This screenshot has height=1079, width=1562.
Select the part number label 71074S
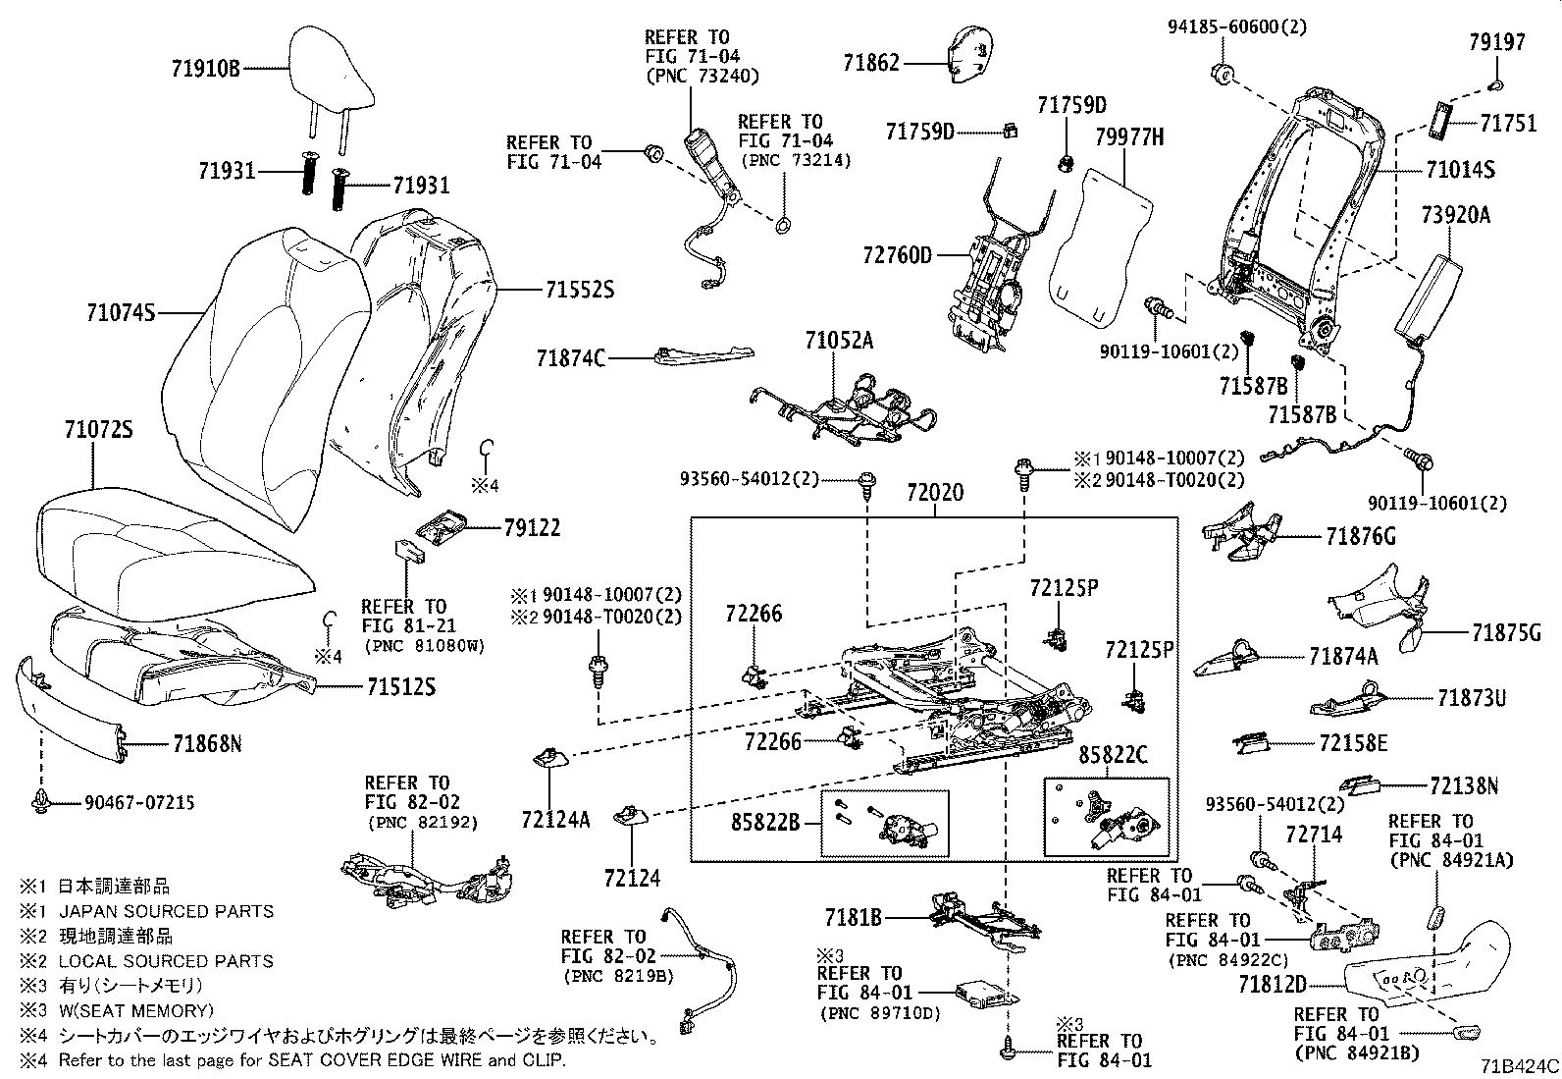(x=121, y=313)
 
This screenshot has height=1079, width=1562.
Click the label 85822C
(x=1113, y=756)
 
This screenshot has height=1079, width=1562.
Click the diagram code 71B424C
(x=1519, y=1065)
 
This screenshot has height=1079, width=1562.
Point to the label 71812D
(x=1272, y=984)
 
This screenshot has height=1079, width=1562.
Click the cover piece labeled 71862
(x=968, y=49)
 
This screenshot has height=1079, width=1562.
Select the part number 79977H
(x=1128, y=138)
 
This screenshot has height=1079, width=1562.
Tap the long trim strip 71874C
(x=703, y=355)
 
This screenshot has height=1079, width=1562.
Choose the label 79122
(x=532, y=528)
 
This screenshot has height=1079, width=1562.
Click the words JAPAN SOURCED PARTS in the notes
(x=166, y=911)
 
